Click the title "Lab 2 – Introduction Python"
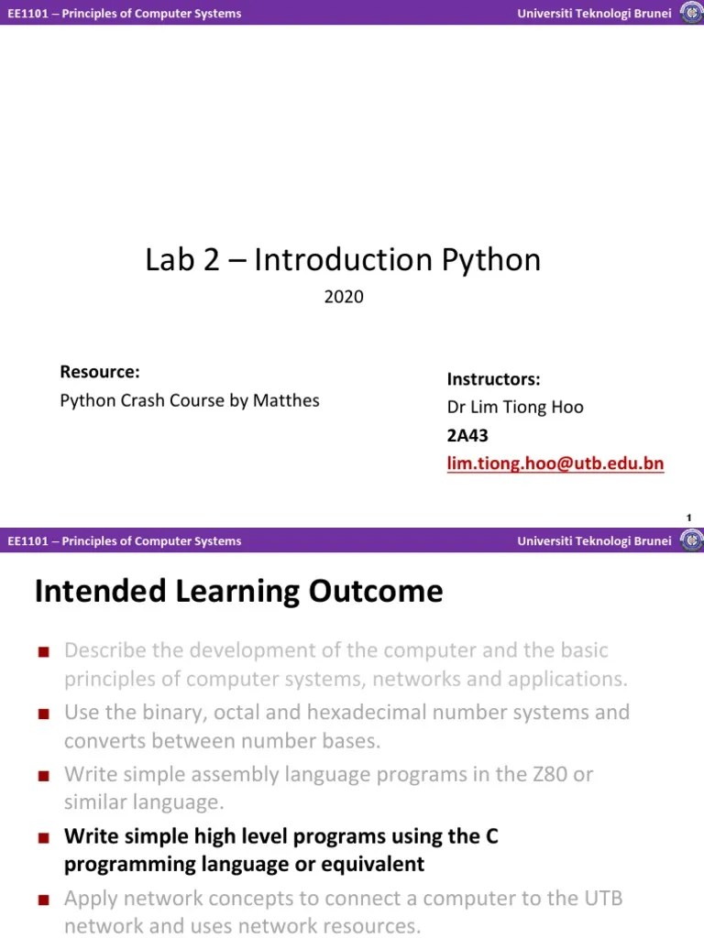(x=343, y=260)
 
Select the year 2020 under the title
(x=344, y=297)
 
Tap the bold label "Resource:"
(x=99, y=372)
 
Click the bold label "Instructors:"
(x=493, y=379)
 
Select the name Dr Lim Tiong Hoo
(x=514, y=407)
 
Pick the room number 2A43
(x=467, y=436)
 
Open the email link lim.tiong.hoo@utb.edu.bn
(x=555, y=464)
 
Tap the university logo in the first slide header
(x=690, y=13)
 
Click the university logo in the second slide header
(x=690, y=540)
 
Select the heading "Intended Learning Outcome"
(x=238, y=592)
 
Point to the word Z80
(x=553, y=774)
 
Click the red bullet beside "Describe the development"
(x=42, y=652)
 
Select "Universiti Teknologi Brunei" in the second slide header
(x=594, y=540)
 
